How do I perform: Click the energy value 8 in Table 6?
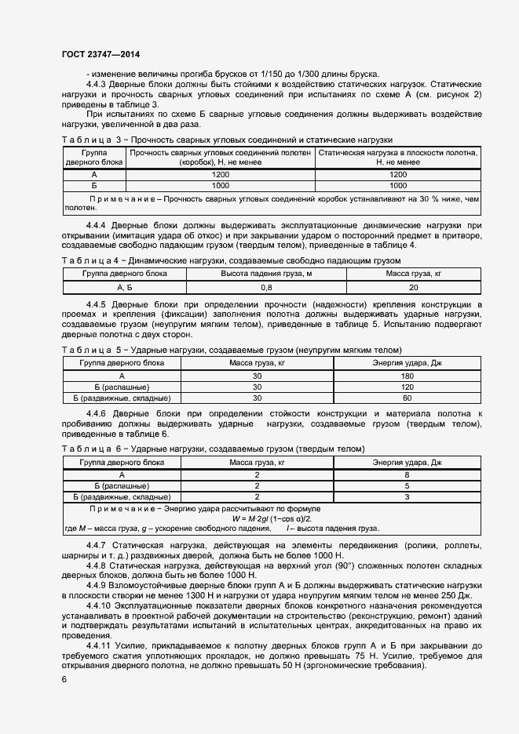tap(407, 475)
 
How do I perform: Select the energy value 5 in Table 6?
tap(407, 485)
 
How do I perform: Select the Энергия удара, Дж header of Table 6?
tap(407, 463)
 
